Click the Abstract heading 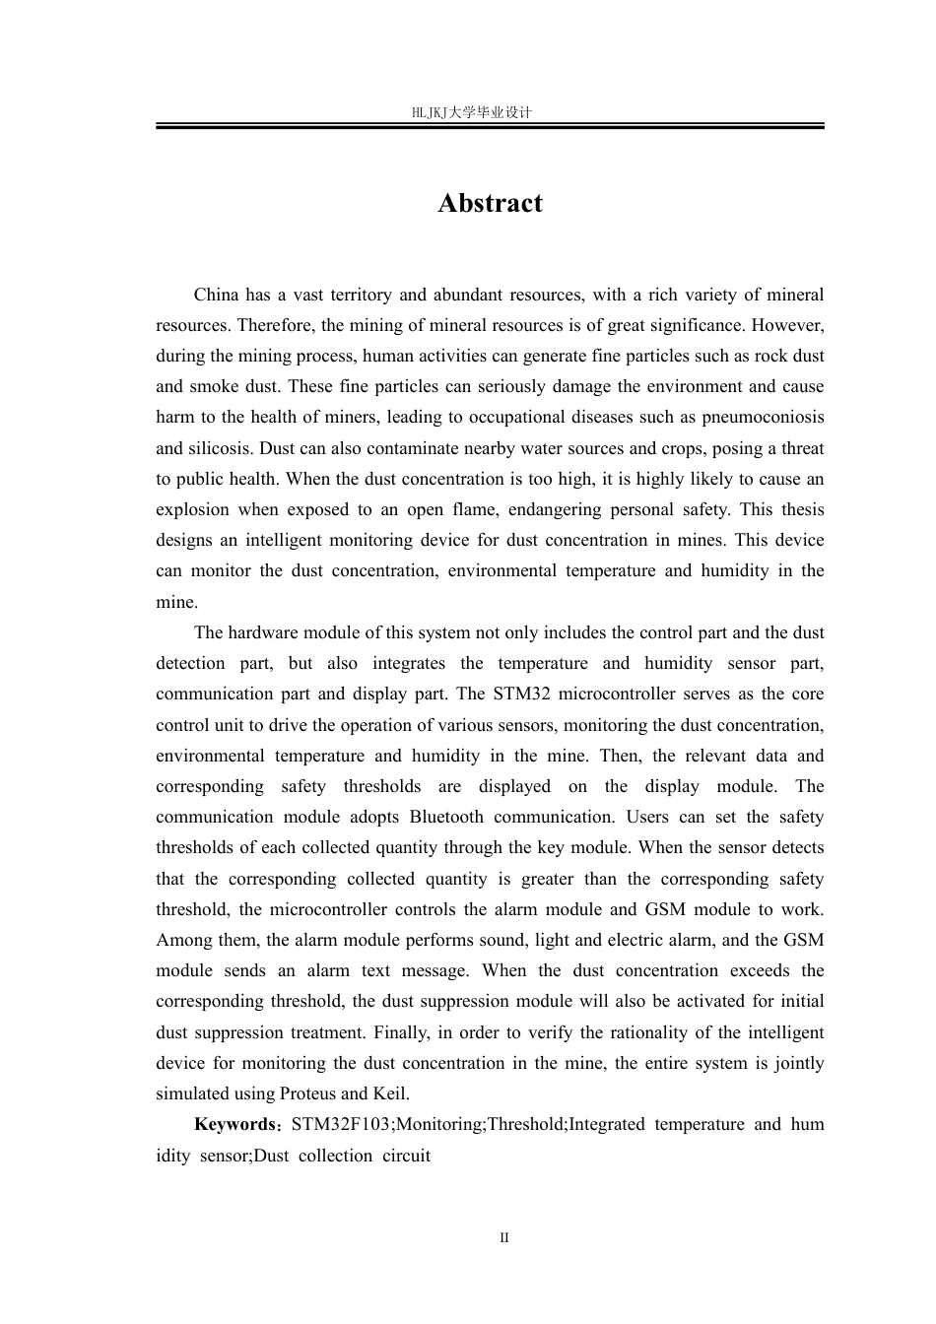[490, 203]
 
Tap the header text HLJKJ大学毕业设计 [471, 112]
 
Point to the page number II [504, 1238]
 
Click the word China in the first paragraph [216, 295]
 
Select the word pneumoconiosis [764, 418]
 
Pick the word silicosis [222, 448]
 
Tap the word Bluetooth [446, 817]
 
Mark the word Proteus [307, 1093]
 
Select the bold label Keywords [233, 1124]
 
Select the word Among [180, 940]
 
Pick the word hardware [261, 632]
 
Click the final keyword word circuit [407, 1155]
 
